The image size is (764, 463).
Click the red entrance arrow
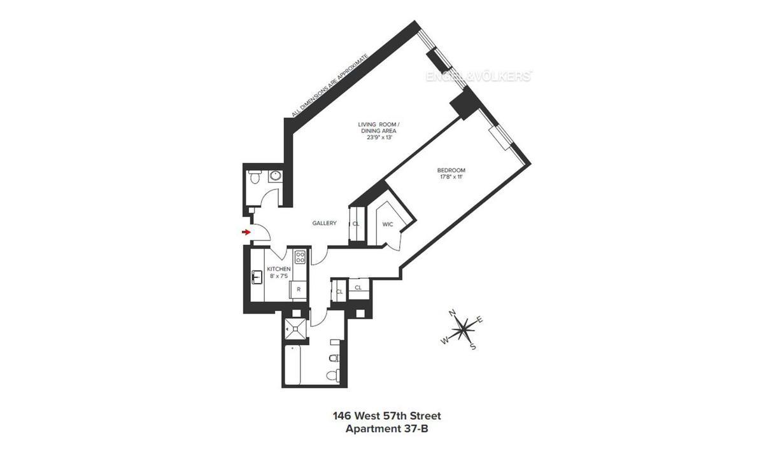[x=246, y=232]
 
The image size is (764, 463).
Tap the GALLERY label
[x=324, y=223]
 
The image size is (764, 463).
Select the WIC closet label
[x=387, y=224]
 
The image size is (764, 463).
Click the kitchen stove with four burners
[x=299, y=258]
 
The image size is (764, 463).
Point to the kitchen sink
[x=257, y=277]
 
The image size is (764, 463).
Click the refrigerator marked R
[x=298, y=289]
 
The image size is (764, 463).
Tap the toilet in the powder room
[x=254, y=177]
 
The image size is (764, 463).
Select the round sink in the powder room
[x=276, y=176]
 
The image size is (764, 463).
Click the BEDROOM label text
[x=451, y=170]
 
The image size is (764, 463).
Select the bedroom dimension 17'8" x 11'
[x=451, y=177]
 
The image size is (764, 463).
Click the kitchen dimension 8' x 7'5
[x=279, y=276]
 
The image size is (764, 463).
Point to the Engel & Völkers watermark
[x=478, y=76]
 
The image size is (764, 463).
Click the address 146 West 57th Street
[x=386, y=416]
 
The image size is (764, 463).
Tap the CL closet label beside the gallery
[x=356, y=224]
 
